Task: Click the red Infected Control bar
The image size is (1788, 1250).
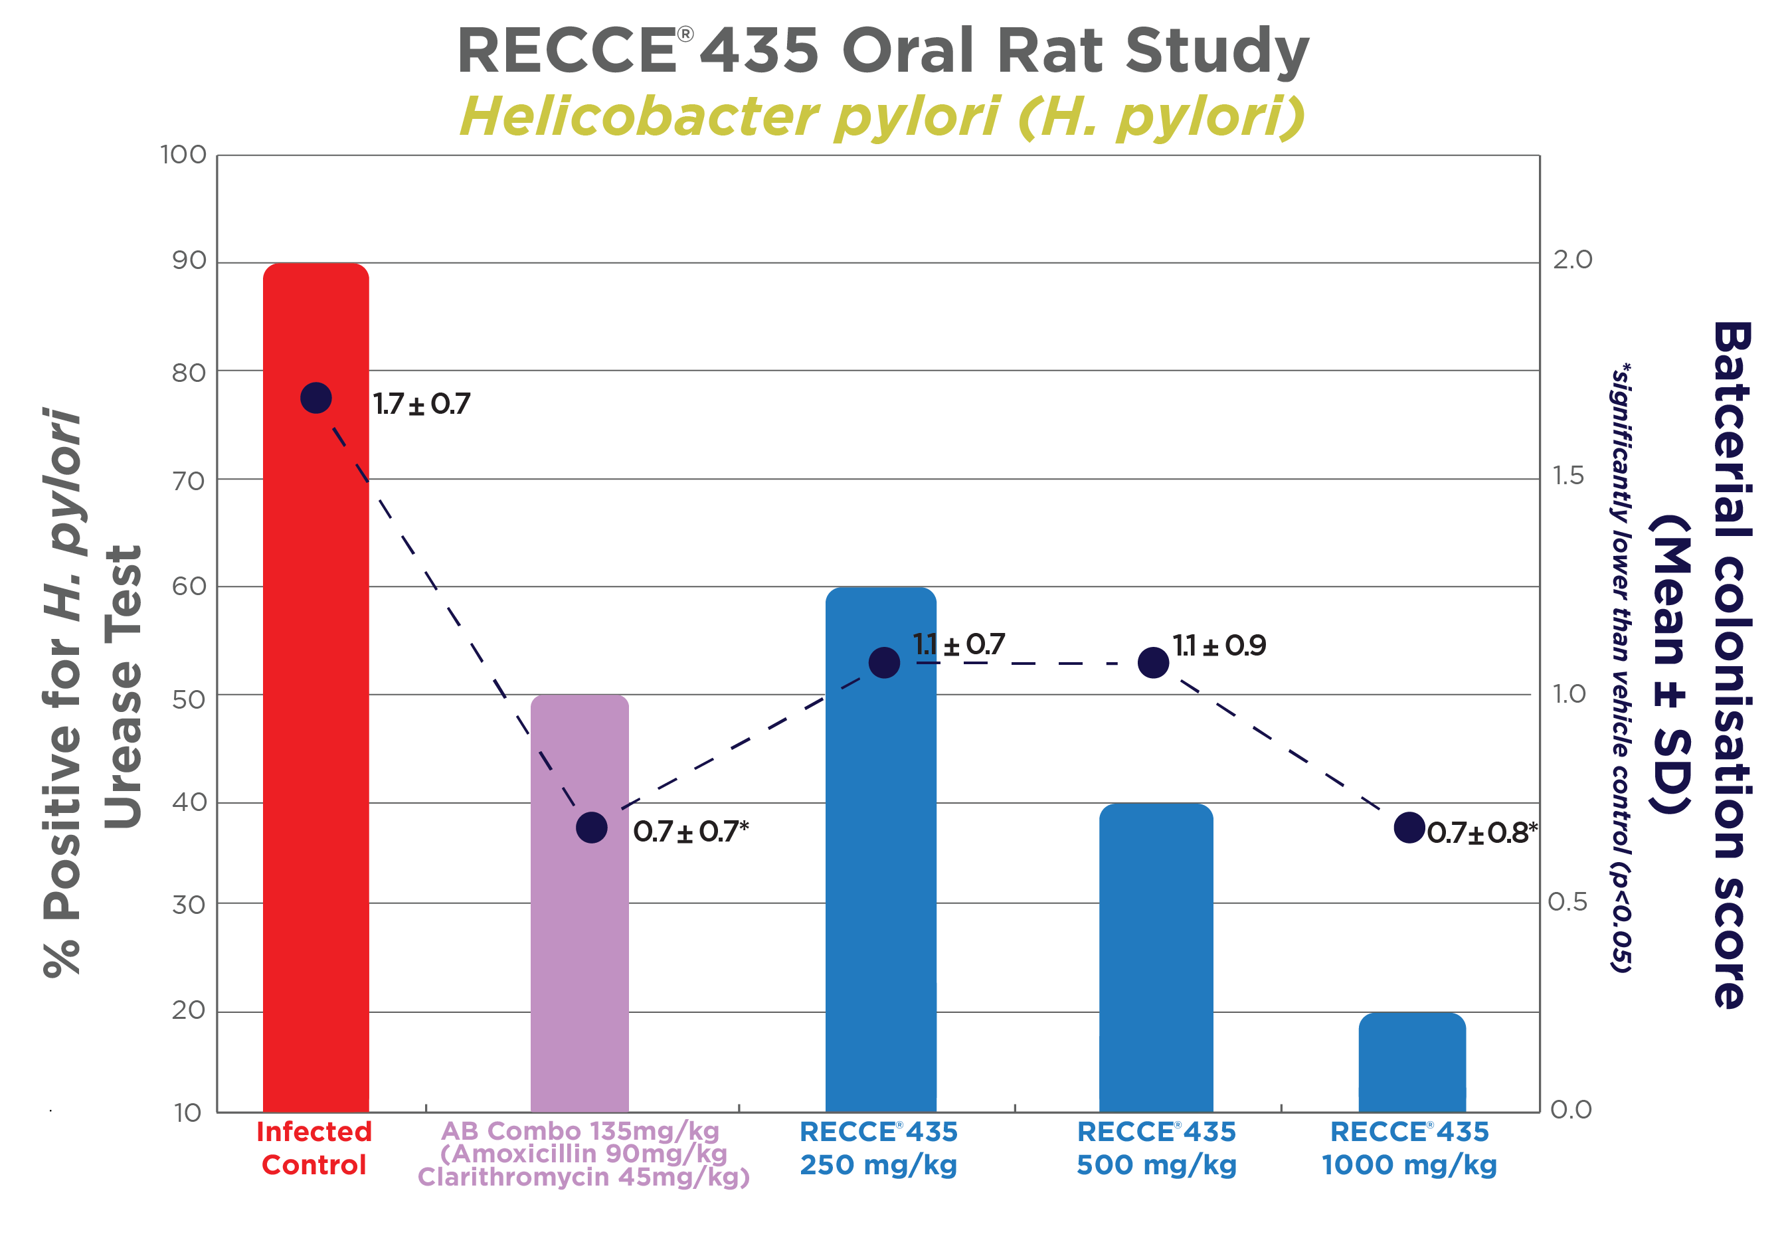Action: point(315,740)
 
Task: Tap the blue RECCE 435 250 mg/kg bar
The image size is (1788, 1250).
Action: point(881,895)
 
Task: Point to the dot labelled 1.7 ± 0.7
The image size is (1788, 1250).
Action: point(316,398)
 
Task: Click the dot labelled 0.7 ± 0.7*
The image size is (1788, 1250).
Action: point(592,827)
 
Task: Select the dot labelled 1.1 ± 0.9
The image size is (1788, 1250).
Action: point(1153,663)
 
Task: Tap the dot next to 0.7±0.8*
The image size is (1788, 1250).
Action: point(1409,827)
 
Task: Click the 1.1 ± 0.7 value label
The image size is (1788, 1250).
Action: point(958,645)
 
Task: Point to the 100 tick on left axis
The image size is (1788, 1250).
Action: point(184,155)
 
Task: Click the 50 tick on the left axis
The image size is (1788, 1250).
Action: point(189,699)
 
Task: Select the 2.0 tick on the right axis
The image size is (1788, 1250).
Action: point(1572,259)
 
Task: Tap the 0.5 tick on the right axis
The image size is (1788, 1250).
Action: point(1567,902)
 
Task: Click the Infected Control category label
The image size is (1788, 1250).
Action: point(314,1148)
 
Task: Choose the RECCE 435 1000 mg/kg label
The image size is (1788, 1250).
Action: point(1409,1148)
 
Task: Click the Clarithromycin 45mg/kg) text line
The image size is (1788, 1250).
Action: point(583,1177)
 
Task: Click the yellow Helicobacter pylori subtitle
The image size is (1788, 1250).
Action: point(881,117)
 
